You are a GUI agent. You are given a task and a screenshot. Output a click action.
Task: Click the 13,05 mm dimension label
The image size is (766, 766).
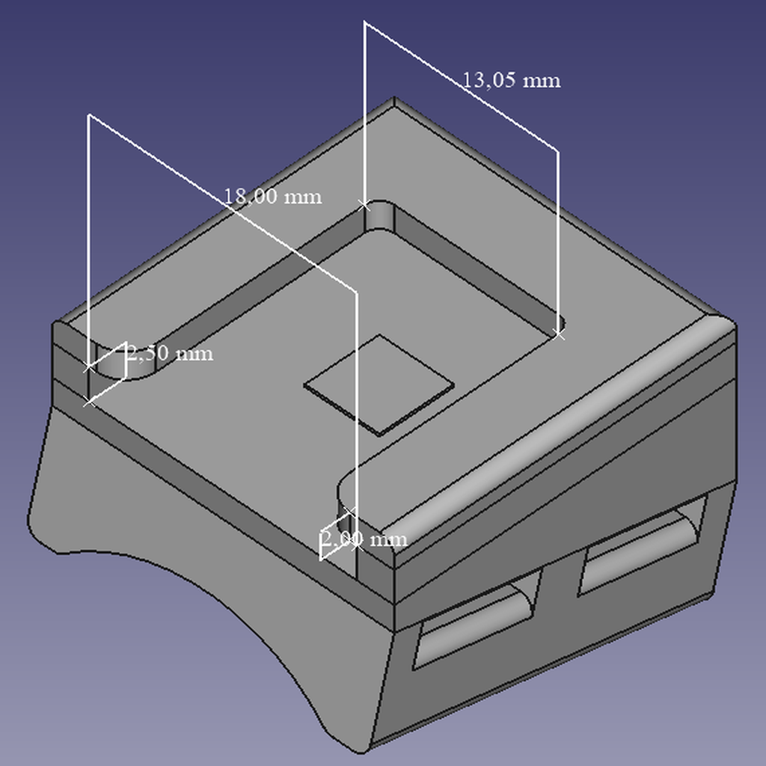(511, 80)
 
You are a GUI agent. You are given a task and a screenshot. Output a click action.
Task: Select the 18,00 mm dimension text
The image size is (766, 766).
(272, 197)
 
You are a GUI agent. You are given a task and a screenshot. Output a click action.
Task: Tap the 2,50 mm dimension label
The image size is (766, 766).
(170, 353)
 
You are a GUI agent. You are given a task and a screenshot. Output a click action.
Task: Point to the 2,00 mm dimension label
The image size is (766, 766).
(364, 539)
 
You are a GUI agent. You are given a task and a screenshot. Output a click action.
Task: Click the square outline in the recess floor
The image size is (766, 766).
(379, 385)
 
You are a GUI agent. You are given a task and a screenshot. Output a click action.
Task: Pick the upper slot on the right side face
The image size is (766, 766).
(643, 545)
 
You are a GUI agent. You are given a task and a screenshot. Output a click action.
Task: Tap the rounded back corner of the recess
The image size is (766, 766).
(379, 215)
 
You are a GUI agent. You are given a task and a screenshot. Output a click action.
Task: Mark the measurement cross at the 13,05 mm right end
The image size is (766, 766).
(559, 334)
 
